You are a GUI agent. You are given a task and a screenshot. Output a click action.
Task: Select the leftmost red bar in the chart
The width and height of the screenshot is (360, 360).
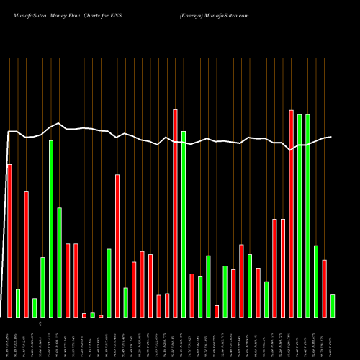tap(9, 240)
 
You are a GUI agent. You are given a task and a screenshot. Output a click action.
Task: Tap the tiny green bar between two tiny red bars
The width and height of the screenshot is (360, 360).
tap(92, 315)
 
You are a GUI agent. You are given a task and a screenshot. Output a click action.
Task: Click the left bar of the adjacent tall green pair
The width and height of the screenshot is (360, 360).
tap(300, 215)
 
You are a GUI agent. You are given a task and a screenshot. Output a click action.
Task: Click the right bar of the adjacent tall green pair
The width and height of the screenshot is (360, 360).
tap(307, 215)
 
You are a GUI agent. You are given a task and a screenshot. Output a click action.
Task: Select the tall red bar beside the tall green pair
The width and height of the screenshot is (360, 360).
tap(291, 213)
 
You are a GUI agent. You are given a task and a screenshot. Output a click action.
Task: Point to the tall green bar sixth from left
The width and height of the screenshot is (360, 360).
tap(51, 228)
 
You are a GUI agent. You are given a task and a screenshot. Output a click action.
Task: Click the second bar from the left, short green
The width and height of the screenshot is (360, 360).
tap(18, 303)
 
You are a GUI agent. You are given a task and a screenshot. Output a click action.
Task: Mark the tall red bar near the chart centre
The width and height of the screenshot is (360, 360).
tap(175, 213)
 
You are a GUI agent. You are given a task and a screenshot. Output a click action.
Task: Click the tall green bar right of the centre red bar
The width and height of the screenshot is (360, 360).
tap(184, 224)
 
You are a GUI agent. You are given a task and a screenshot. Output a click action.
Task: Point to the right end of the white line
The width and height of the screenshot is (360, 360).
tap(331, 137)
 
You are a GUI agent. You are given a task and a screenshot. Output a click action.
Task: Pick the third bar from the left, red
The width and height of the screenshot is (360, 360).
tap(26, 253)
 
